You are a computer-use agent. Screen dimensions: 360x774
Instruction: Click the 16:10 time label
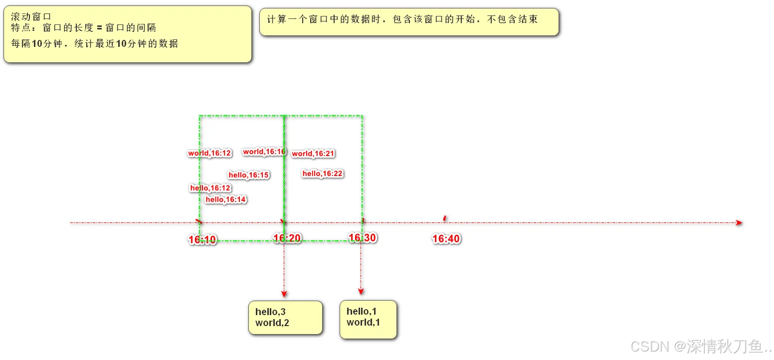coord(202,240)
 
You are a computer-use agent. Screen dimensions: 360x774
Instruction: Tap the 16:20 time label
coord(287,238)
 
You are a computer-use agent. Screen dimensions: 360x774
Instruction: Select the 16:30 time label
coord(362,238)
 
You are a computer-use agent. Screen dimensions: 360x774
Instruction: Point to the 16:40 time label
coord(446,239)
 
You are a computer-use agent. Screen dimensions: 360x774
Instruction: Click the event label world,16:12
coord(209,153)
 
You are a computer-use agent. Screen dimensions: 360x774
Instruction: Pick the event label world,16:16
coord(264,152)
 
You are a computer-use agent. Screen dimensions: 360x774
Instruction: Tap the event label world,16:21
coord(313,154)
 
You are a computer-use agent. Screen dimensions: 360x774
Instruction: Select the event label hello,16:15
coord(249,175)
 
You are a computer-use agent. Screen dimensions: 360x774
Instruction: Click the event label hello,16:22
coord(323,174)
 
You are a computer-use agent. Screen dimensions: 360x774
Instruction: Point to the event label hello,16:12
coord(210,188)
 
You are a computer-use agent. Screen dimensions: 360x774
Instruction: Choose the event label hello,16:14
coord(226,199)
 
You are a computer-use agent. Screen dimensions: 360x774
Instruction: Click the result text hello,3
coord(270,312)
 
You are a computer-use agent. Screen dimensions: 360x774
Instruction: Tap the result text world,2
coord(272,323)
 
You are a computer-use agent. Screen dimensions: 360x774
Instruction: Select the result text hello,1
coord(362,312)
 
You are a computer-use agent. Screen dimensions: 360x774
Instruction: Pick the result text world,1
coord(363,323)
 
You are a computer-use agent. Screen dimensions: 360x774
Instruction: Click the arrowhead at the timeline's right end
coord(739,223)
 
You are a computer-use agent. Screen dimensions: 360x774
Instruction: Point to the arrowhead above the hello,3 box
coord(284,294)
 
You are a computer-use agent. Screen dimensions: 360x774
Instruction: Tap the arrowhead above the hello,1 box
coord(361,292)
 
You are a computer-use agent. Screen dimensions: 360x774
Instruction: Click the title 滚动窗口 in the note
coord(31,16)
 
